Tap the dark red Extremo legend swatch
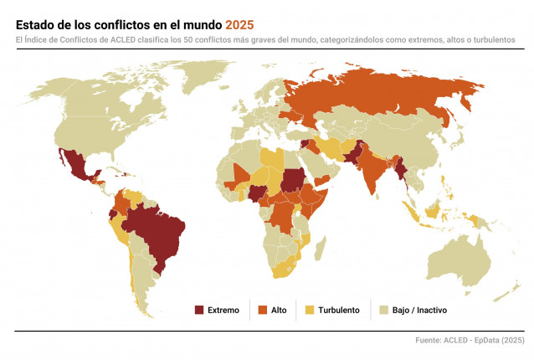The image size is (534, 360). coord(199,310)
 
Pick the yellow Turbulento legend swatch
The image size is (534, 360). coord(311,310)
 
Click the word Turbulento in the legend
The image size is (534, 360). coord(340,310)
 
